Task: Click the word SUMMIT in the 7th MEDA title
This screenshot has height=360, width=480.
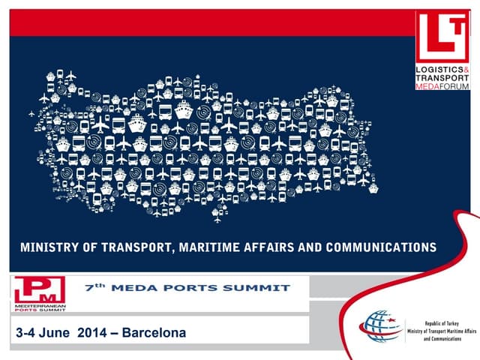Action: (x=262, y=287)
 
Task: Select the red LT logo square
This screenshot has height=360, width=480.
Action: (x=441, y=37)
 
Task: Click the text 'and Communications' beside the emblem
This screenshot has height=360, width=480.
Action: (x=442, y=338)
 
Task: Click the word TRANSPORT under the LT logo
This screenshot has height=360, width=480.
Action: (x=442, y=79)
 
